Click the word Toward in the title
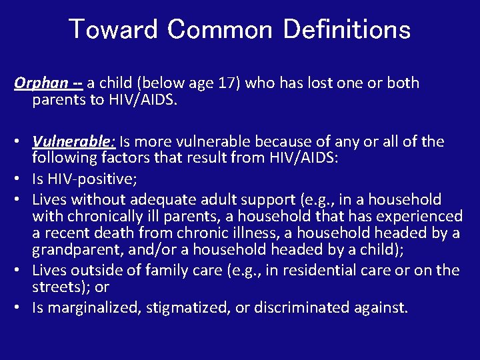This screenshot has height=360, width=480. (113, 30)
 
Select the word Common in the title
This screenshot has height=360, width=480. (220, 30)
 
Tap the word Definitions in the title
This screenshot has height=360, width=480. (347, 30)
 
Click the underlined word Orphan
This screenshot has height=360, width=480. (41, 83)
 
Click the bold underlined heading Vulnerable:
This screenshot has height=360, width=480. (74, 142)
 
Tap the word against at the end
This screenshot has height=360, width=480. (383, 308)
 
